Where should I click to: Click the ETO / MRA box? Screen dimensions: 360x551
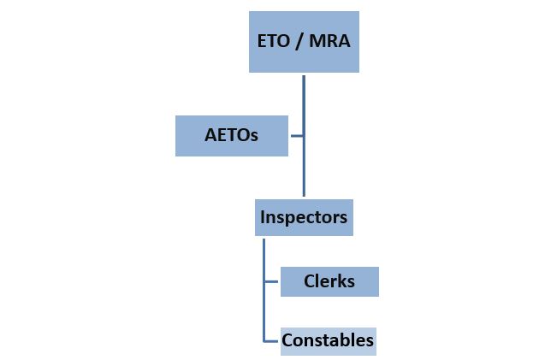[304, 40]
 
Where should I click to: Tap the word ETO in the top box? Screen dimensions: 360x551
[274, 41]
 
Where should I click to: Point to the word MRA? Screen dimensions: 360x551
[331, 41]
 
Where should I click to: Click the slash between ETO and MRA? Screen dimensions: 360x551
[299, 41]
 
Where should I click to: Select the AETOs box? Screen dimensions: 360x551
[231, 136]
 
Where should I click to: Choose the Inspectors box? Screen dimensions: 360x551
[304, 217]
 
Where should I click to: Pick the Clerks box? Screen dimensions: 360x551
[329, 281]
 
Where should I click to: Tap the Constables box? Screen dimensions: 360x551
[328, 340]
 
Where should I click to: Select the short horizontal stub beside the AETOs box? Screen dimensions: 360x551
[296, 136]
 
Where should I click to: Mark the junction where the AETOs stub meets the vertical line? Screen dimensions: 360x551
[304, 136]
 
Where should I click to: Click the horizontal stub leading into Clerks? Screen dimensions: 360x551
[272, 281]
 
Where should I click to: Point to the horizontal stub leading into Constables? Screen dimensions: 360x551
[272, 340]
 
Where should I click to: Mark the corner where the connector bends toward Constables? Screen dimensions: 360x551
[264, 340]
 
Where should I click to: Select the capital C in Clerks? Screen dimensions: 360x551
[310, 281]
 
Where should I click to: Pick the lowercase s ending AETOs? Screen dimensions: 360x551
[253, 136]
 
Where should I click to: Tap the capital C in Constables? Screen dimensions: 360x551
[287, 340]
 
